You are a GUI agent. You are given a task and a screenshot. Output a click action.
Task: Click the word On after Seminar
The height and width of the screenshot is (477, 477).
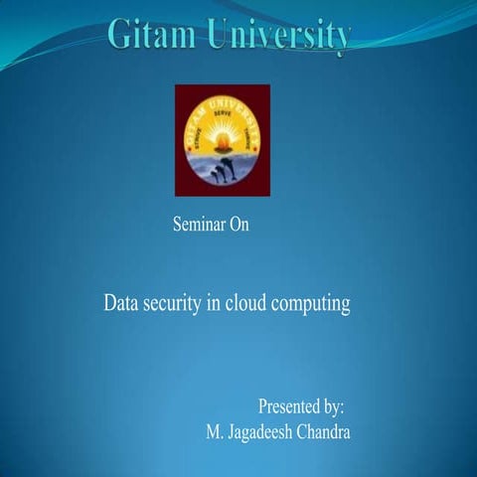pos(238,225)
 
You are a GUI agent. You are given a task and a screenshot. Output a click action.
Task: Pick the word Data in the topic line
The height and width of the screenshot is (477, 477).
pos(121,303)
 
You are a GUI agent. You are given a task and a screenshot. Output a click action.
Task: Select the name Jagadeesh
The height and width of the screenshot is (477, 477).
pos(262,434)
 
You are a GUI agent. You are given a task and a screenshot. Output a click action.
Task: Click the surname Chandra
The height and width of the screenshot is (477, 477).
pos(326,433)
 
